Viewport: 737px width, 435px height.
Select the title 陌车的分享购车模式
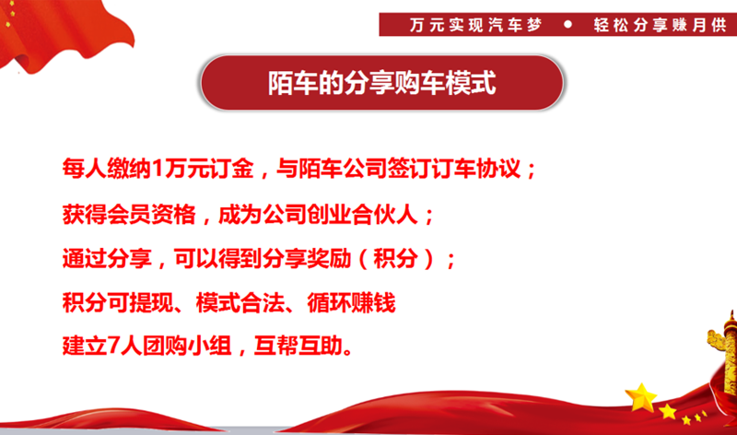coord(381,85)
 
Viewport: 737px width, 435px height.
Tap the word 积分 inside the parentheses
coord(397,259)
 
